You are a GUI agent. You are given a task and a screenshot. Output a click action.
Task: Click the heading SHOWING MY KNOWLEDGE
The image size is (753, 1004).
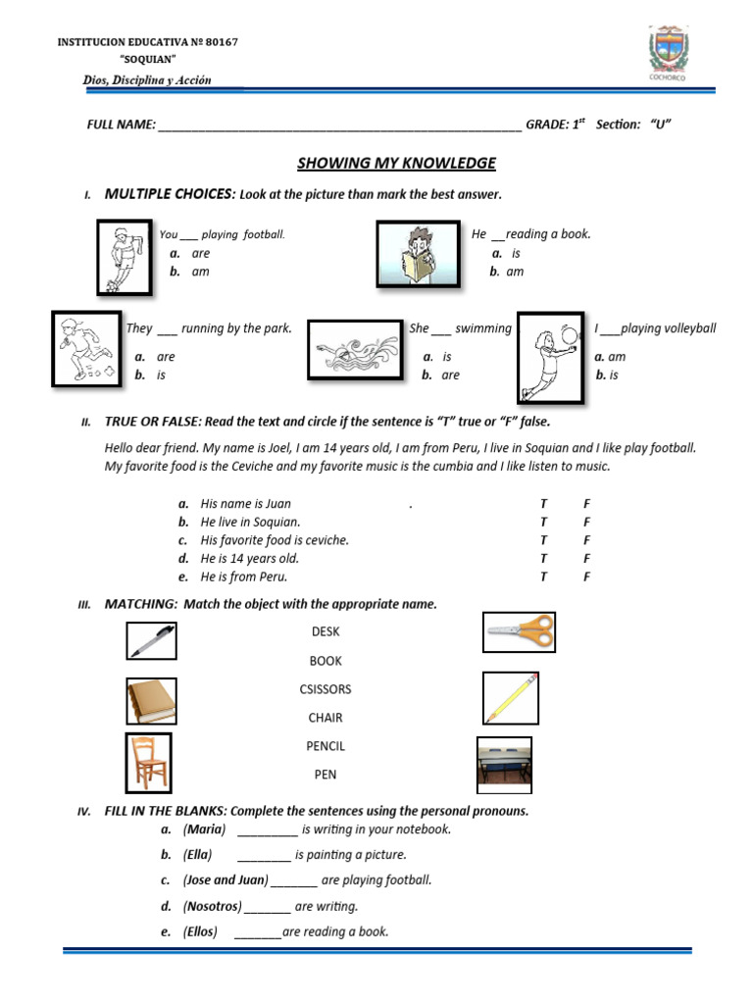tap(396, 163)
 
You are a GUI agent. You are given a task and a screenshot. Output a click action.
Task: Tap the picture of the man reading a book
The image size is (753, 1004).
tap(419, 254)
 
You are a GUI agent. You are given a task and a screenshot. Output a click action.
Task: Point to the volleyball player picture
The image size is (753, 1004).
tap(550, 357)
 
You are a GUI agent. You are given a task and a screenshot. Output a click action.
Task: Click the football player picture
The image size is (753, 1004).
tap(125, 257)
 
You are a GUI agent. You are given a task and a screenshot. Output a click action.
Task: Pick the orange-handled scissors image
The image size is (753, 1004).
tap(519, 632)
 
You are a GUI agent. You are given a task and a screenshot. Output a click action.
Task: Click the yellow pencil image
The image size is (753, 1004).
tap(512, 697)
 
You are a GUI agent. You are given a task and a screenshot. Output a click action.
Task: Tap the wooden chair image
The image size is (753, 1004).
tap(150, 763)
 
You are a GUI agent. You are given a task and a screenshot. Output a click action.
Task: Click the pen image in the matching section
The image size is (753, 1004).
tap(151, 641)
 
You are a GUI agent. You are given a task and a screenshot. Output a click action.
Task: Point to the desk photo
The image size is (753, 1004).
tap(504, 765)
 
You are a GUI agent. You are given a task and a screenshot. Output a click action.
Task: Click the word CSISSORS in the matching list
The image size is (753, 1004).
tap(325, 689)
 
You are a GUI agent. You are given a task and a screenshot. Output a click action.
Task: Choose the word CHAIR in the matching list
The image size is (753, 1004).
tap(325, 718)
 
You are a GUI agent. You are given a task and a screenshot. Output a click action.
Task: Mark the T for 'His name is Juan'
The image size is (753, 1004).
tap(543, 503)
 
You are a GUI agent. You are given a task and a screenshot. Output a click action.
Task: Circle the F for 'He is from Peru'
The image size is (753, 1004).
tap(586, 577)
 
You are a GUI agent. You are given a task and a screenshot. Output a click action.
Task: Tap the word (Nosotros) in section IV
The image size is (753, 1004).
tap(212, 907)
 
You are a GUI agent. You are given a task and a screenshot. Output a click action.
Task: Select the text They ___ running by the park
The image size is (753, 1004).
tap(209, 328)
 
